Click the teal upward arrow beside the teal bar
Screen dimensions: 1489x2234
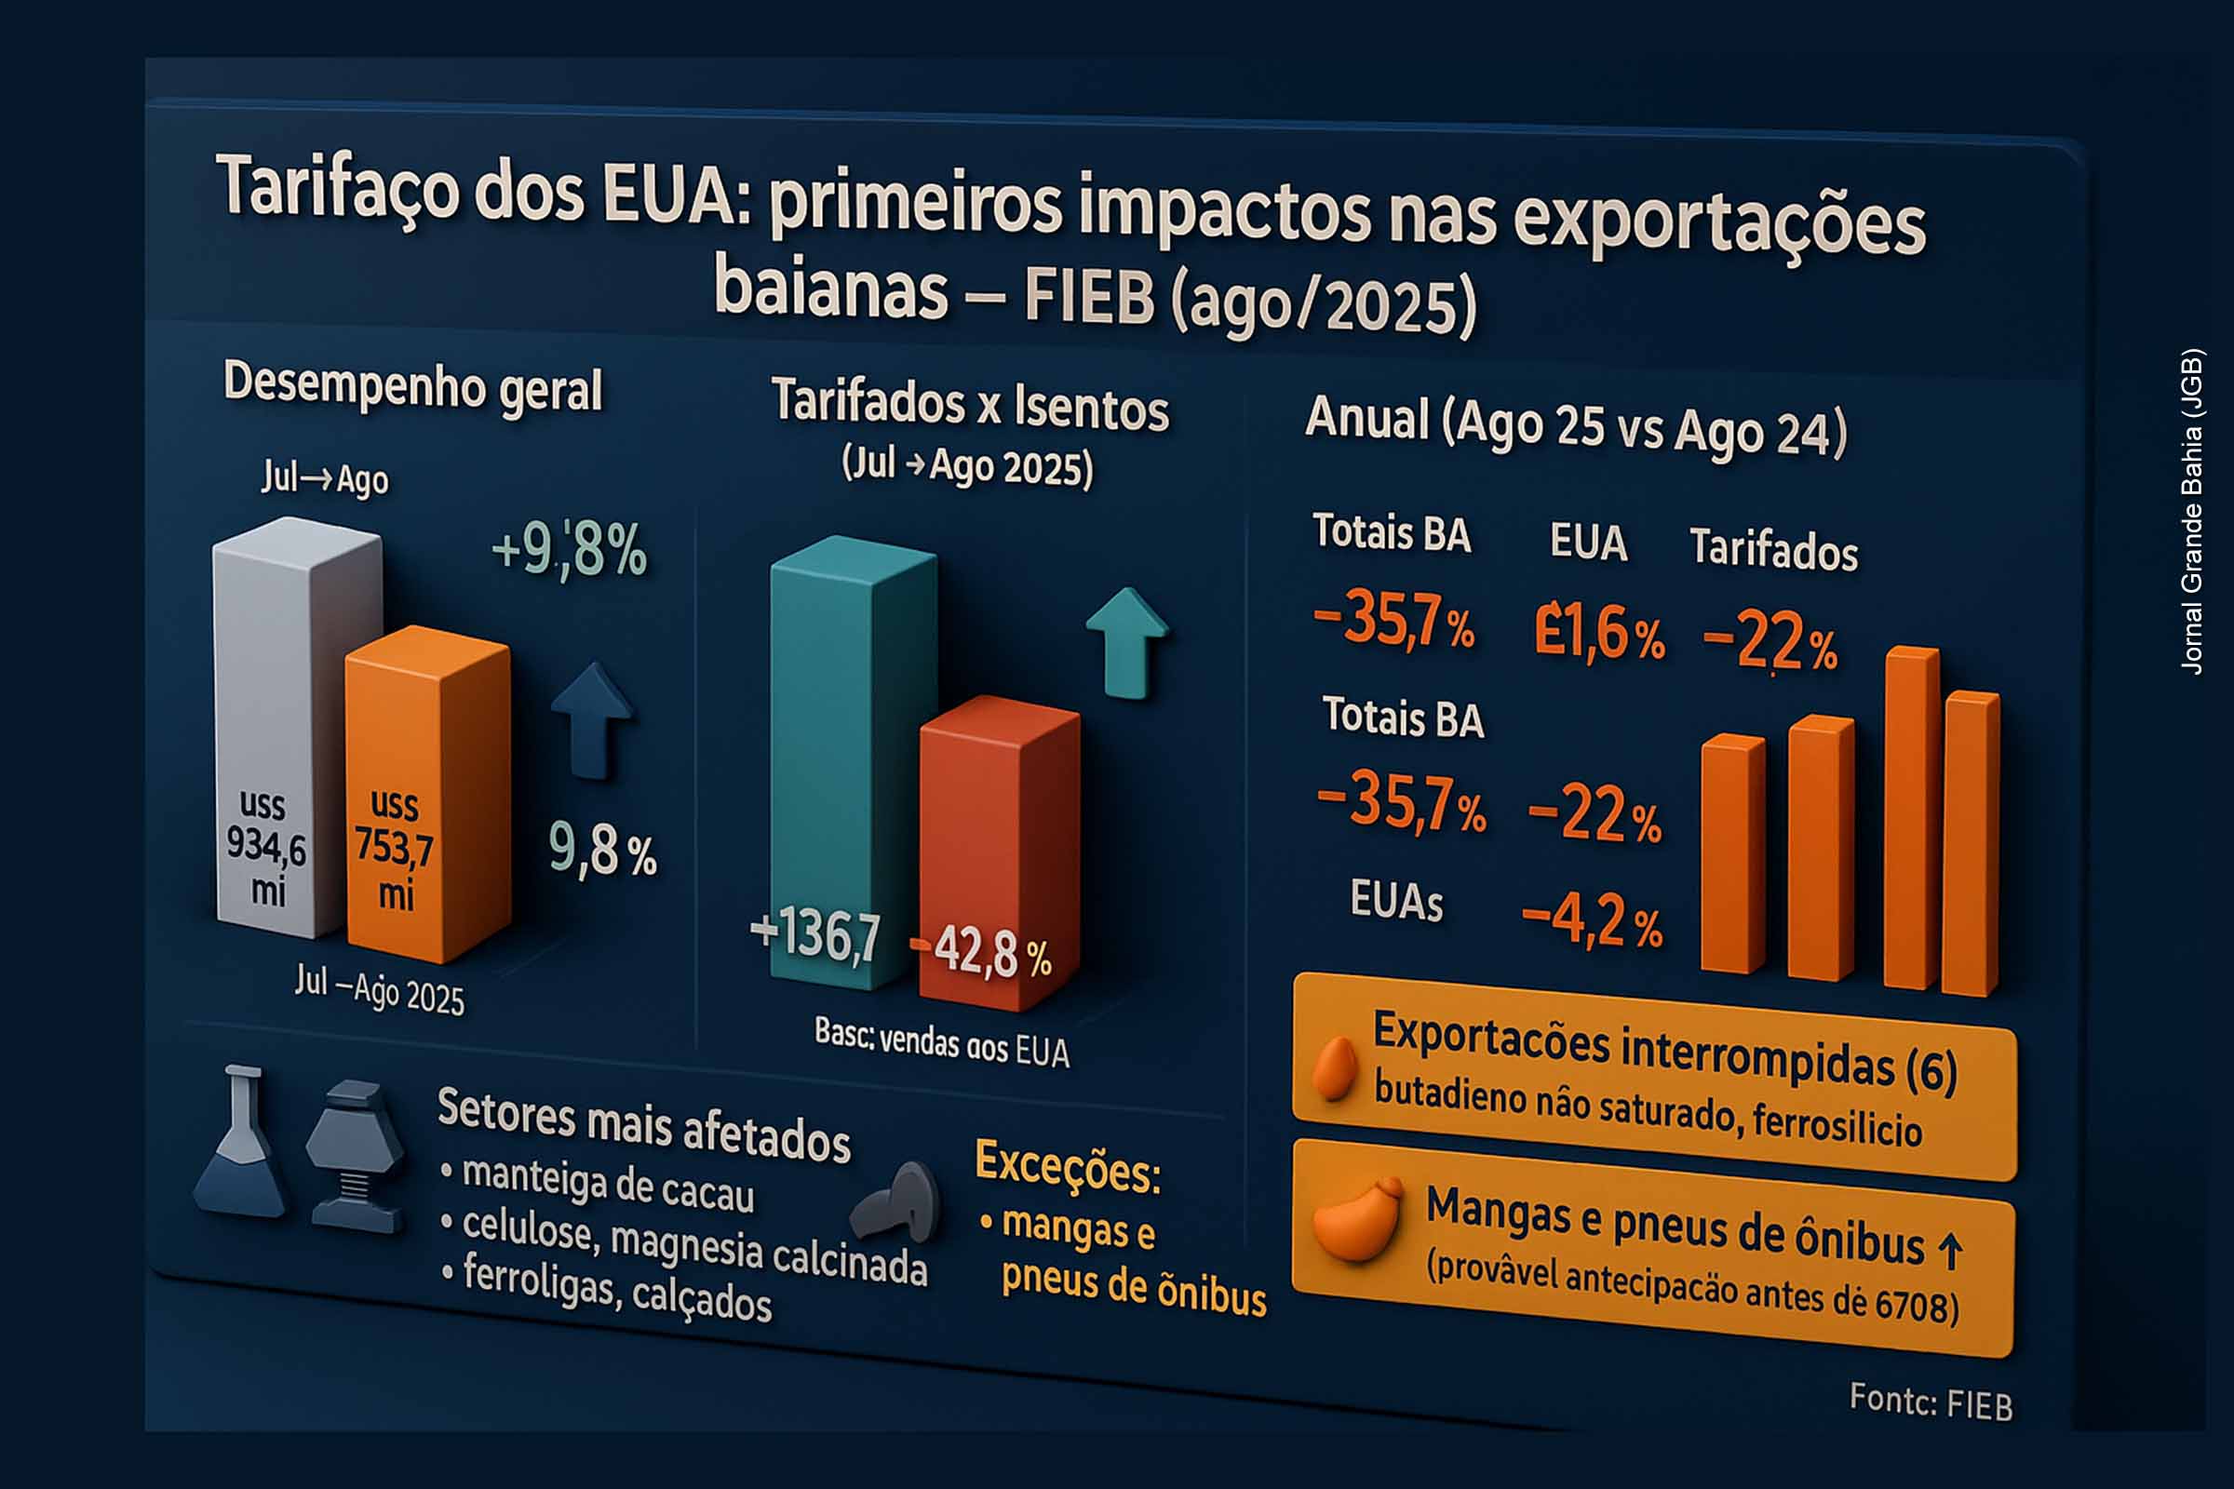1127,642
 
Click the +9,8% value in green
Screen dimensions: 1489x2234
569,550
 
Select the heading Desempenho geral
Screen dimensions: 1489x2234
412,387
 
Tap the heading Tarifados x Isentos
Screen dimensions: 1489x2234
970,406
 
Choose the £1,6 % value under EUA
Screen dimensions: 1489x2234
1598,633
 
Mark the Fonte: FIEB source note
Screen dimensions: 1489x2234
1930,1402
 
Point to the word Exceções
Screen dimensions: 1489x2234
1068,1165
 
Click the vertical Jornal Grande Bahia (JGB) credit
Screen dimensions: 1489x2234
2190,513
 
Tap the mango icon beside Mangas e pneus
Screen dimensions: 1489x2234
1356,1219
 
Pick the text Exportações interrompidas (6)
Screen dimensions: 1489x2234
1664,1050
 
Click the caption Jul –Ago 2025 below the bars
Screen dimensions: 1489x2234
379,989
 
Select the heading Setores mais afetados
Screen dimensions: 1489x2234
643,1124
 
